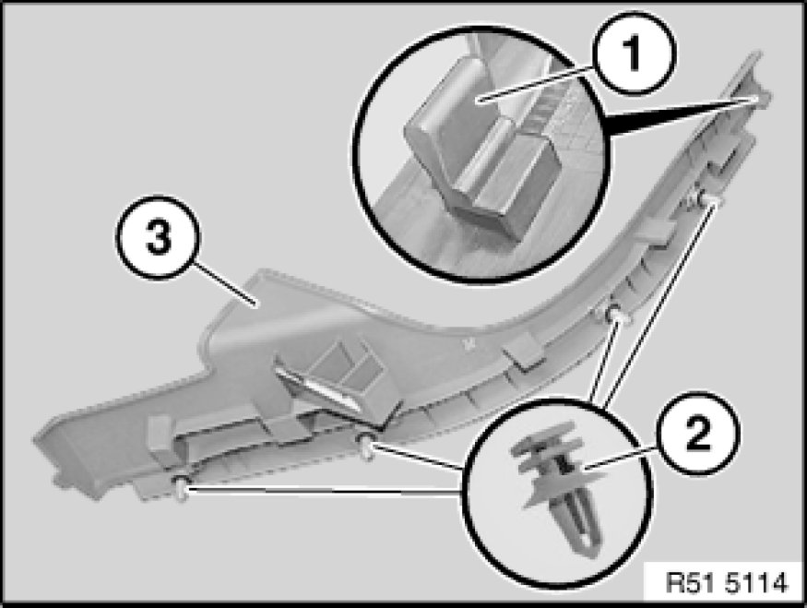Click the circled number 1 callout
[x=633, y=54]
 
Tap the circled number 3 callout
[x=158, y=238]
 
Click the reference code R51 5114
[x=727, y=583]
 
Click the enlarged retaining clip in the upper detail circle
[x=484, y=154]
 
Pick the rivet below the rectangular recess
[x=366, y=446]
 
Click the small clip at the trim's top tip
[x=757, y=98]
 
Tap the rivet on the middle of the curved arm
[x=612, y=313]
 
